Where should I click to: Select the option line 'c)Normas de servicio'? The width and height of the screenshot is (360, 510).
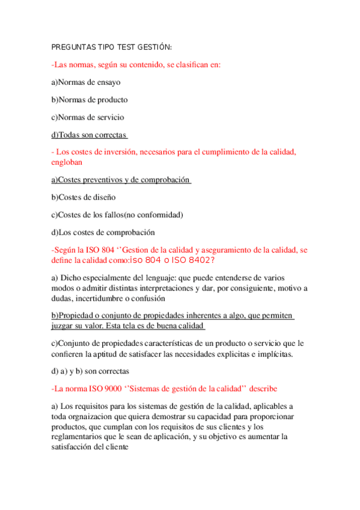(x=87, y=117)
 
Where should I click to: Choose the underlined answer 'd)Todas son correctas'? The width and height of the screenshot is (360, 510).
(x=89, y=135)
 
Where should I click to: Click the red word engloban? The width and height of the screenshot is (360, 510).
(x=66, y=162)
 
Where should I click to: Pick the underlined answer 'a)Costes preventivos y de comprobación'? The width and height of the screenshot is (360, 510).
(x=120, y=180)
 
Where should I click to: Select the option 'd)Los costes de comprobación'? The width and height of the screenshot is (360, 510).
(x=103, y=232)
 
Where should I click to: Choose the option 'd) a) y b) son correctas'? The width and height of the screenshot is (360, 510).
(x=90, y=371)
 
